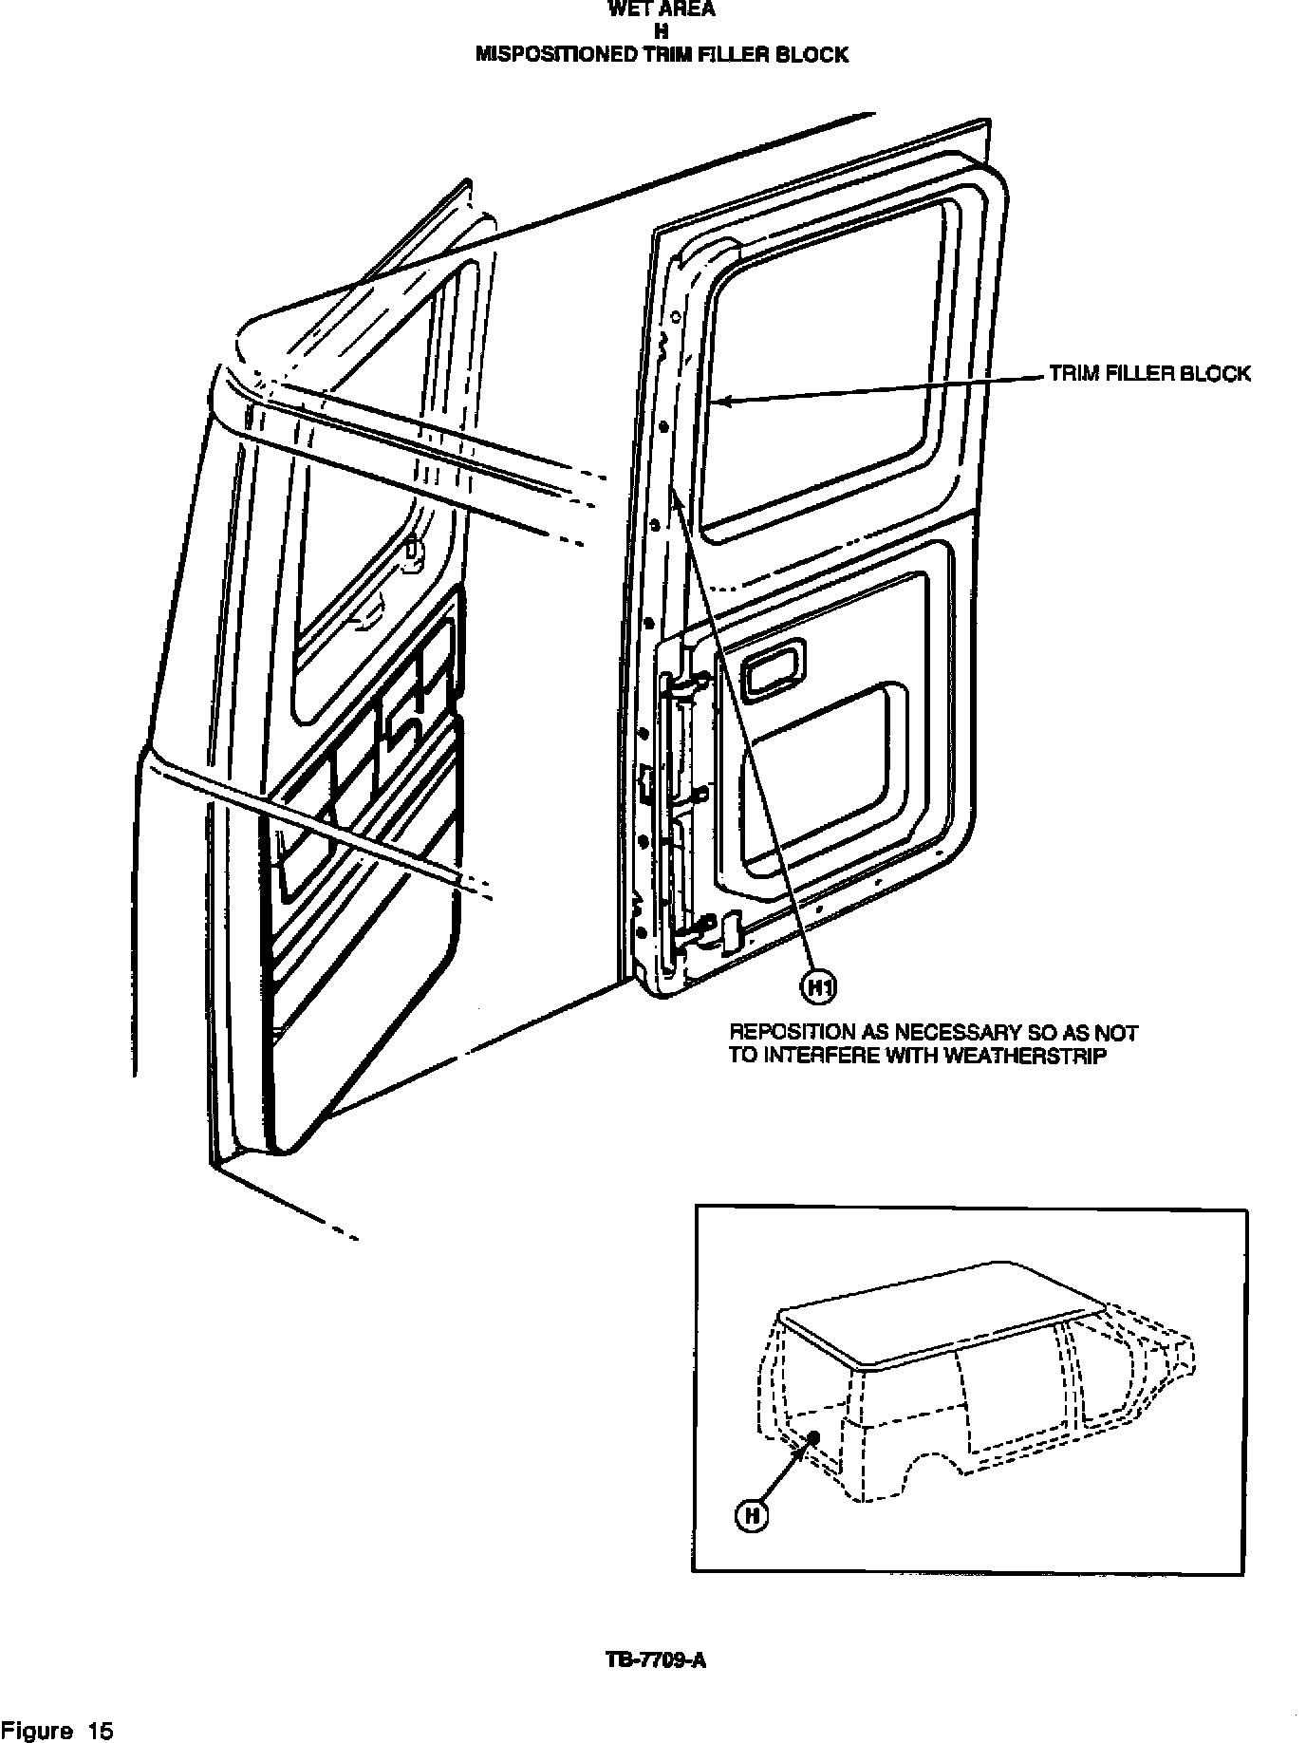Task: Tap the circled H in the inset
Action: tap(751, 1516)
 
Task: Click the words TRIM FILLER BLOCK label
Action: tap(1149, 374)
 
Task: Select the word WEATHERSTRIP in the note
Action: tap(1027, 1056)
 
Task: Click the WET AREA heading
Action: tap(662, 10)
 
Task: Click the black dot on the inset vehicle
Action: tap(813, 1438)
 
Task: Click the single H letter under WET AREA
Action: tap(662, 32)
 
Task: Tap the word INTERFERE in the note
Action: tap(815, 1056)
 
